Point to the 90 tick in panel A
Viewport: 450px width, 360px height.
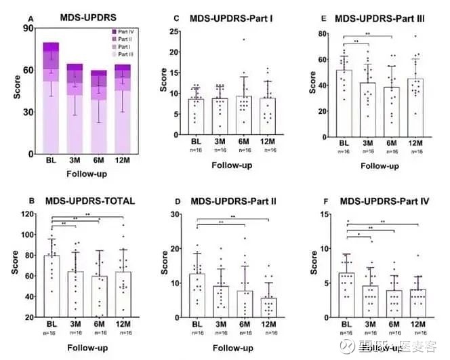point(28,28)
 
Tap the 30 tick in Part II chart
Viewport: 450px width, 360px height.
point(174,214)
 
